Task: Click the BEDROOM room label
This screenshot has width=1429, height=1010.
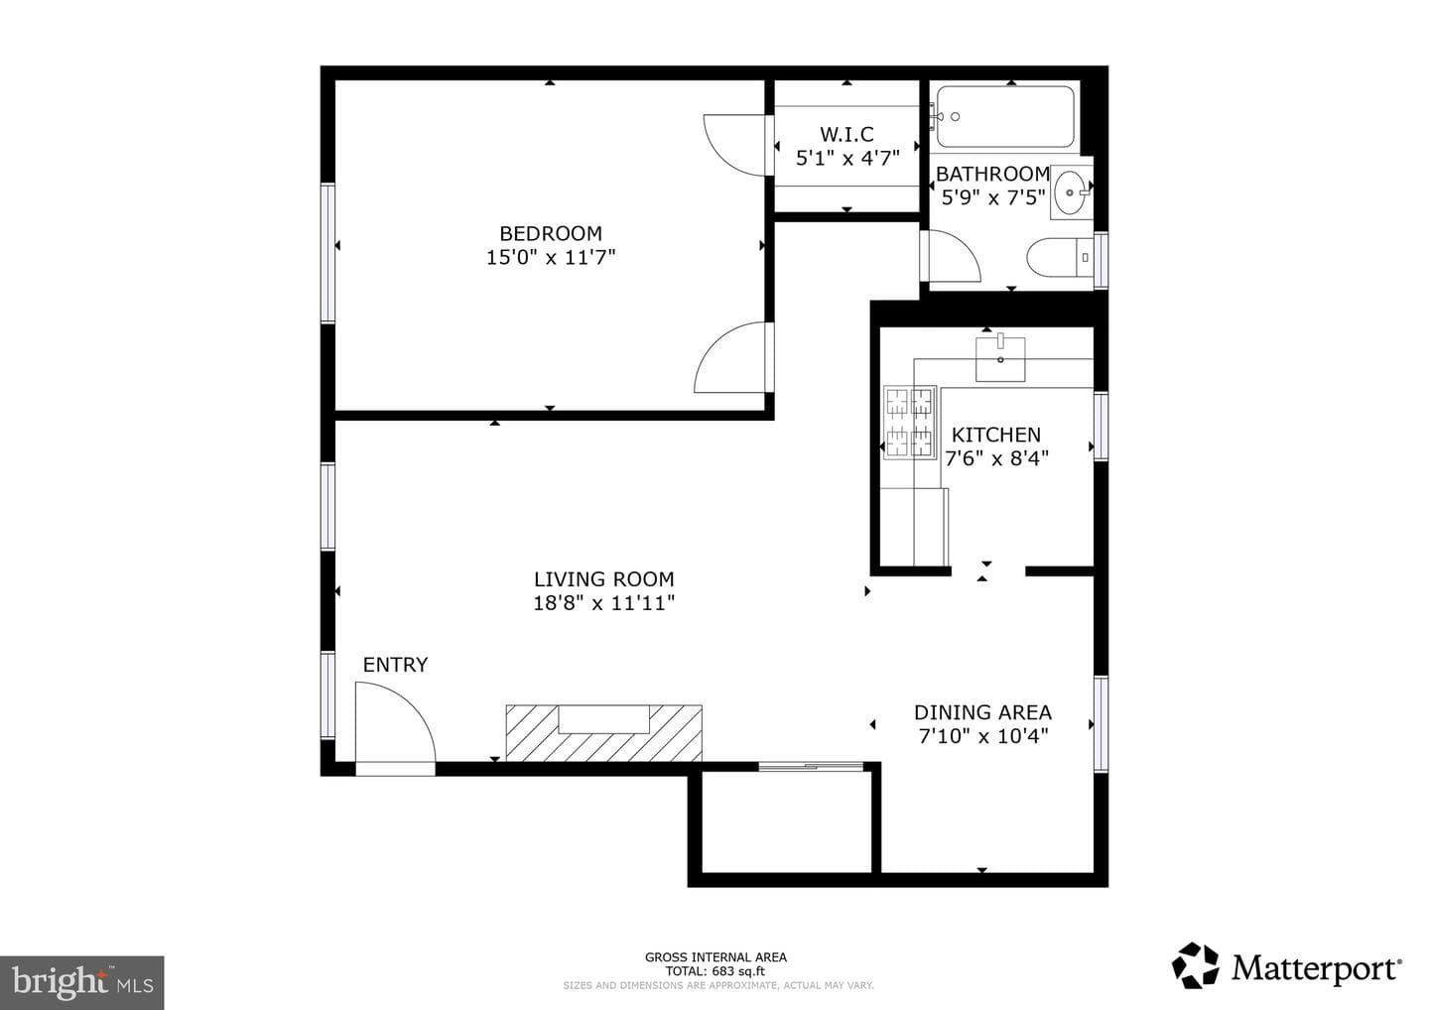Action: point(551,233)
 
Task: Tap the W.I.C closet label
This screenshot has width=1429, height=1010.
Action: point(846,135)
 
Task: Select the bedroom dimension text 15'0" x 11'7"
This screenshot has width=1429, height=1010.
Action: point(551,258)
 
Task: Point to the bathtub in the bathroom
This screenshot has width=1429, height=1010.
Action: point(1004,117)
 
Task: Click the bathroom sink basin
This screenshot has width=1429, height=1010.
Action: point(1070,192)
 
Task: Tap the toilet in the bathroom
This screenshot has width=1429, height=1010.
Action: point(1060,258)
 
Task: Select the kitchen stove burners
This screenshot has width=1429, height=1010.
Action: point(909,423)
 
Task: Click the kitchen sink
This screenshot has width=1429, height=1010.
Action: point(1000,359)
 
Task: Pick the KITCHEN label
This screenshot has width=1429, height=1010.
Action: point(996,435)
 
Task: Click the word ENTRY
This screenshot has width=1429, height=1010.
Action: point(395,665)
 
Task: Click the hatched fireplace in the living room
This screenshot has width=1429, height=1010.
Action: point(604,733)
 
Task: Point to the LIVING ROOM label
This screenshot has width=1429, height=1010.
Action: point(603,579)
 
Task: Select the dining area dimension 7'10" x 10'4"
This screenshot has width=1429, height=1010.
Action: point(983,736)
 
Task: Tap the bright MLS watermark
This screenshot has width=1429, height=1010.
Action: point(82,982)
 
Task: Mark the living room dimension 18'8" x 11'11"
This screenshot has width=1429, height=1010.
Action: point(603,603)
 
